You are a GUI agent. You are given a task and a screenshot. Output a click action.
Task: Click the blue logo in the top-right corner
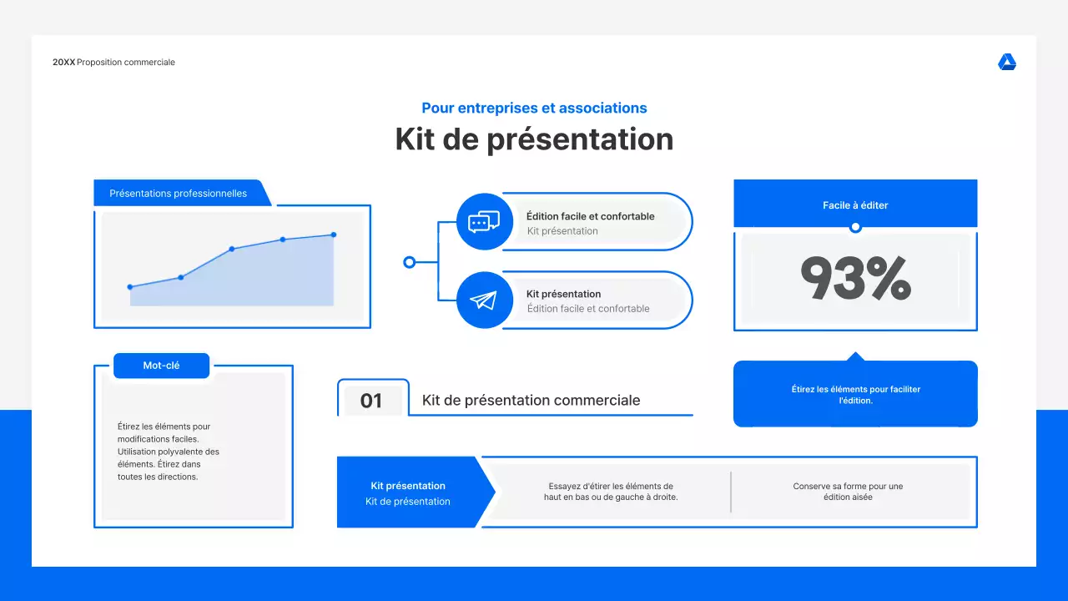(1007, 63)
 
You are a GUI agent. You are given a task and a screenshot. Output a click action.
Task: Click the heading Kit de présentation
(534, 139)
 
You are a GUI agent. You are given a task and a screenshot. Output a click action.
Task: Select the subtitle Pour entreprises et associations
(534, 108)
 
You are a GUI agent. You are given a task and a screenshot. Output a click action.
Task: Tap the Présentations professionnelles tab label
(179, 194)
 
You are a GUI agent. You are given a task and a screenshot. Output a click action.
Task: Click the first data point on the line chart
(130, 287)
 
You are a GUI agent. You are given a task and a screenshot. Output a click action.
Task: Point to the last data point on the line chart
(334, 235)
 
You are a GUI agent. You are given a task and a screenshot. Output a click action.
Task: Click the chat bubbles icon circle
(484, 222)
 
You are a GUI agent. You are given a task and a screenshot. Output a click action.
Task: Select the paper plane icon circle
(484, 300)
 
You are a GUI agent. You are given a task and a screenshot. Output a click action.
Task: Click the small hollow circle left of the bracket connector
(409, 262)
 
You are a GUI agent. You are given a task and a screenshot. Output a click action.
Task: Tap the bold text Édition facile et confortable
(590, 216)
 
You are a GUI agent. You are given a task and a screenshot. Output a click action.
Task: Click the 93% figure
(855, 278)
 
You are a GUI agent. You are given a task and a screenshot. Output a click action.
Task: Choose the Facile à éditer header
(855, 205)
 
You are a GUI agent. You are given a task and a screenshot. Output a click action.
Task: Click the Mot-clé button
(161, 366)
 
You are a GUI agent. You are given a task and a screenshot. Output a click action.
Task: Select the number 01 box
(371, 401)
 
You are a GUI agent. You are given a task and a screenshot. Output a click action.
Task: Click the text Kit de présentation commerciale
(531, 401)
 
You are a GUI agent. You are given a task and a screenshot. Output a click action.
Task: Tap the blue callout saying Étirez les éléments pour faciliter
(855, 395)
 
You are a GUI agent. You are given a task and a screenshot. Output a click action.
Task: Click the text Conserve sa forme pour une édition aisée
(848, 492)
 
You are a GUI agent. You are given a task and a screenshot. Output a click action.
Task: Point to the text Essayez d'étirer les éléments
(611, 492)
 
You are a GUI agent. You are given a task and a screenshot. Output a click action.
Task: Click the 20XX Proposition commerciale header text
(113, 63)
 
